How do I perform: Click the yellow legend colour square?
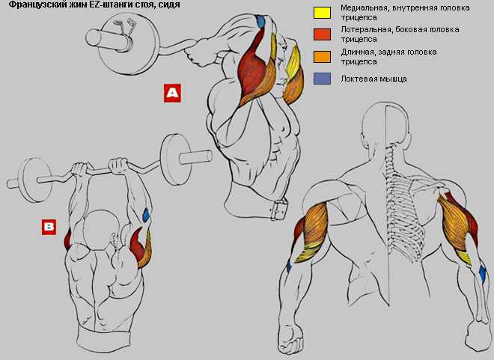tap(322, 13)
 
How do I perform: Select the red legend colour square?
tap(322, 34)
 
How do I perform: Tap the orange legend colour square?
tap(322, 57)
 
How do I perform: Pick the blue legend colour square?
tap(322, 79)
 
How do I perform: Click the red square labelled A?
tap(172, 93)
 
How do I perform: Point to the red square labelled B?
tap(49, 227)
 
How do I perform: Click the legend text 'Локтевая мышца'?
tap(373, 79)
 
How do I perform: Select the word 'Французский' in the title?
tap(28, 4)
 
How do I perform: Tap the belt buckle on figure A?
tap(279, 209)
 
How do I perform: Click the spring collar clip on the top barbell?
tap(124, 27)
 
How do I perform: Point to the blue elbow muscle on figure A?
tap(260, 21)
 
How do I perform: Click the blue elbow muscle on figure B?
tap(146, 216)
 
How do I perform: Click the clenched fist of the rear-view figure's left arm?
tap(290, 341)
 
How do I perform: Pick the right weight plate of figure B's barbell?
tap(176, 159)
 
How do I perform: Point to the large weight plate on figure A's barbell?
tap(129, 44)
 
